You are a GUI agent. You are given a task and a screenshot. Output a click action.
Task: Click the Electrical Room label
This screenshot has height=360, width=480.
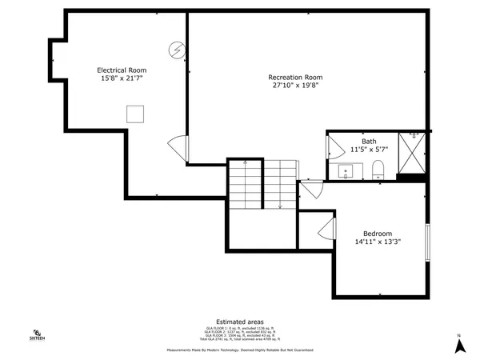point(123,70)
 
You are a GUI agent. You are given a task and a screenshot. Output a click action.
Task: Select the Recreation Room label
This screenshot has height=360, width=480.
point(295,77)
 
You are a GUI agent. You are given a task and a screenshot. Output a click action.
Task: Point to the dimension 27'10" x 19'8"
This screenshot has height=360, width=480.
point(295,86)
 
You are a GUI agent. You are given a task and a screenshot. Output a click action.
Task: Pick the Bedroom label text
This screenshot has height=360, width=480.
point(378,233)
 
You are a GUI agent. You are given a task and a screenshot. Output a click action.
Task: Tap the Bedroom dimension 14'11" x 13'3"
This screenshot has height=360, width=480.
point(378,242)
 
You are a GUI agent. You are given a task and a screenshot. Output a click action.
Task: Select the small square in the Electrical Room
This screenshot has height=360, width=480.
point(134,114)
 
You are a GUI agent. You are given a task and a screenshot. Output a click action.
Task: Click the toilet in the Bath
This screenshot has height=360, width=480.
point(379,169)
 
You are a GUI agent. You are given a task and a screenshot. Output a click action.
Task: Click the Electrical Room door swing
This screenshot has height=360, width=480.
point(178,147)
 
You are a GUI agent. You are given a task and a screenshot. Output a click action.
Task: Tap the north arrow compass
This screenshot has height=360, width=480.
point(459,345)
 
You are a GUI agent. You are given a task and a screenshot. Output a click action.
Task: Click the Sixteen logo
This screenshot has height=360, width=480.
point(37,335)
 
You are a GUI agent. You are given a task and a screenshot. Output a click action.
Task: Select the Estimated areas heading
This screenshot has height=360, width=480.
point(239,321)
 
